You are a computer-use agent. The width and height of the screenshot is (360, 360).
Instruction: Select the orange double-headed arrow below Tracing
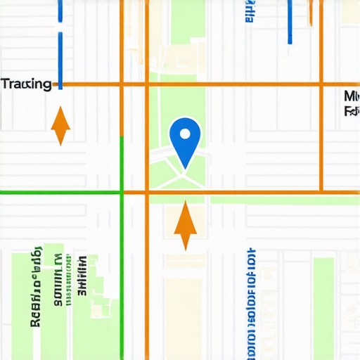pyautogui.click(x=61, y=126)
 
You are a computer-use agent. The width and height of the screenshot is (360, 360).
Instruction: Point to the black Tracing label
pyautogui.click(x=26, y=84)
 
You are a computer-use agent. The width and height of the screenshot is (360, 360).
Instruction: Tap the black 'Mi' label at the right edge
pyautogui.click(x=352, y=96)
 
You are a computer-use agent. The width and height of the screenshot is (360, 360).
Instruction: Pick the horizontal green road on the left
pyautogui.click(x=60, y=191)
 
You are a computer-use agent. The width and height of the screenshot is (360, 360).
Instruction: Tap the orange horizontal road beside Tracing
pyautogui.click(x=91, y=85)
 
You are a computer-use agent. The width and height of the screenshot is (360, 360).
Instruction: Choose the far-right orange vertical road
pyautogui.click(x=321, y=141)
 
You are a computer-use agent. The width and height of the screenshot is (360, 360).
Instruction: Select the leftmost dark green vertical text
pyautogui.click(x=33, y=288)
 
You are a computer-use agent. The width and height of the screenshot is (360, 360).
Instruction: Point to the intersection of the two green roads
pyautogui.click(x=122, y=191)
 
